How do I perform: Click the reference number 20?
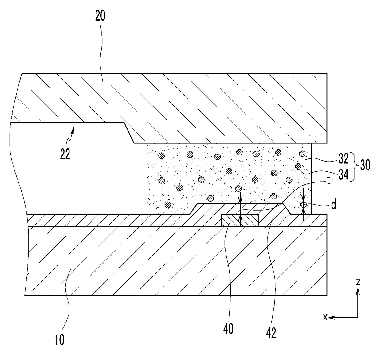click(100, 16)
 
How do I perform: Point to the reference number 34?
click(344, 174)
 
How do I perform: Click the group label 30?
click(365, 165)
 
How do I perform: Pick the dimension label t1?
click(330, 181)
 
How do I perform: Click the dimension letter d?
click(333, 205)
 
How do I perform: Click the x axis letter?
click(325, 317)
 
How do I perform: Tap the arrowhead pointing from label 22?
click(73, 130)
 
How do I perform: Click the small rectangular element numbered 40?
click(240, 221)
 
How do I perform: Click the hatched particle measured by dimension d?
click(304, 204)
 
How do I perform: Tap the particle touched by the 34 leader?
click(298, 166)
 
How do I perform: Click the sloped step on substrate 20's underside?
click(129, 133)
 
